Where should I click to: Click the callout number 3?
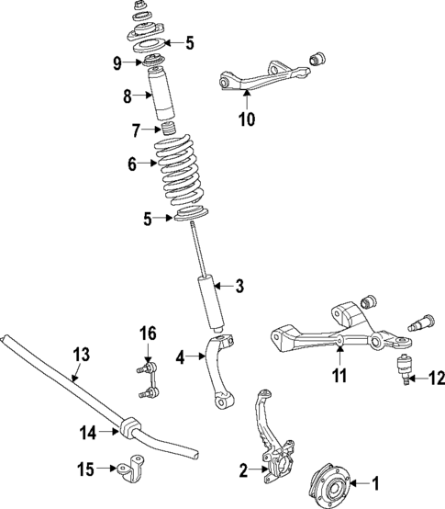point(239,288)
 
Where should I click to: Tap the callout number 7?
point(137,129)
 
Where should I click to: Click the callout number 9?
point(117,62)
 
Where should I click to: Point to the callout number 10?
point(247,119)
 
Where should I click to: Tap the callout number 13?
point(81,354)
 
